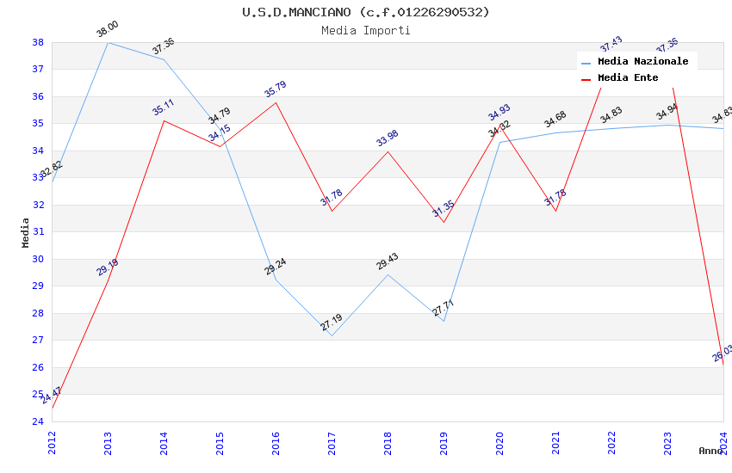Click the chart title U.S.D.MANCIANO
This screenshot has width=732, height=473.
[x=366, y=12]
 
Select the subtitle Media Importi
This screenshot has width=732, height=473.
[x=366, y=30]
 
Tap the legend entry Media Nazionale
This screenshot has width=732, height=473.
[x=642, y=61]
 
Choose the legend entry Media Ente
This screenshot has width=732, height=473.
[x=628, y=77]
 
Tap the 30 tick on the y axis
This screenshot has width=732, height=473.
[x=38, y=259]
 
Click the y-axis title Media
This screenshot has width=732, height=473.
[x=25, y=232]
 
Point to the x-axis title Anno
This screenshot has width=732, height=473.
[x=710, y=451]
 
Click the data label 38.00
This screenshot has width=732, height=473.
[x=108, y=30]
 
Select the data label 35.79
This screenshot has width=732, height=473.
[x=276, y=89]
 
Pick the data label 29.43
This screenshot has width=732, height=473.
[x=388, y=261]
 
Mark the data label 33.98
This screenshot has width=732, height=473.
[x=388, y=138]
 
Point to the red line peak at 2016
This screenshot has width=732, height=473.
[x=276, y=102]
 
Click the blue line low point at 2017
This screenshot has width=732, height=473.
[x=332, y=335]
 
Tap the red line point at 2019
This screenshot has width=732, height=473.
[x=444, y=222]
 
